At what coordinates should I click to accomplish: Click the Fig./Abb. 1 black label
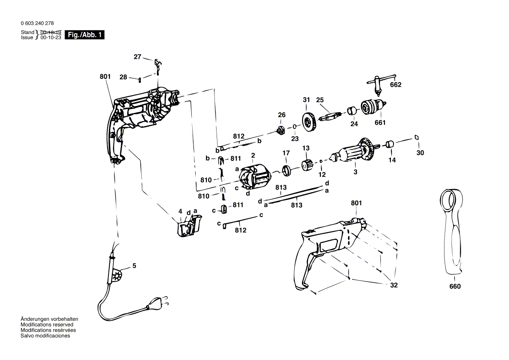[85, 35]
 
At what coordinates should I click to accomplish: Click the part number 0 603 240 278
[37, 24]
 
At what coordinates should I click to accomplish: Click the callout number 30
[420, 153]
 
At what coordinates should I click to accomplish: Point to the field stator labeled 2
[254, 177]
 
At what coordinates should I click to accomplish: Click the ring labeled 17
[286, 170]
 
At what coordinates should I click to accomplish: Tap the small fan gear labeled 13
[306, 165]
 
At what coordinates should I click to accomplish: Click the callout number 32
[394, 285]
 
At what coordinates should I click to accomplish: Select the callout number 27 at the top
[138, 57]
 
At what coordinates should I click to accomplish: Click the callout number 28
[123, 77]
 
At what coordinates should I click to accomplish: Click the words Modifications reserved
[47, 325]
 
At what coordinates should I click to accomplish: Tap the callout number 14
[392, 160]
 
